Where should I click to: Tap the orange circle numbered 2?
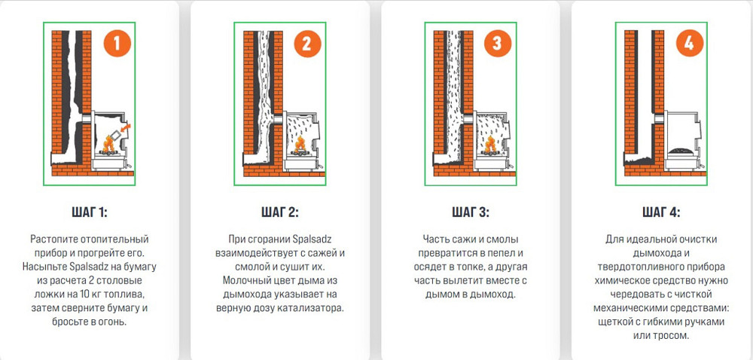[306, 43]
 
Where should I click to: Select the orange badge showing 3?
[496, 43]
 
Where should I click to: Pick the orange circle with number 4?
[687, 43]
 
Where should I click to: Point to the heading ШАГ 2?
[279, 212]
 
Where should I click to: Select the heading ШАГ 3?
[469, 212]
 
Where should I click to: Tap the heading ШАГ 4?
[660, 212]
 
